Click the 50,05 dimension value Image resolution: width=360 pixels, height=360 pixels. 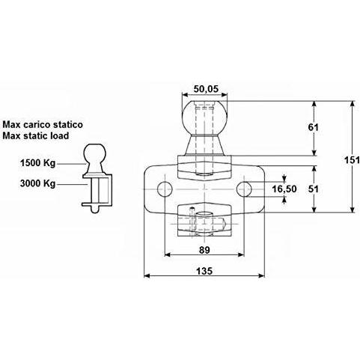pos(206,89)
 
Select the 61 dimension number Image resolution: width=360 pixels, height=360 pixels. pos(313,127)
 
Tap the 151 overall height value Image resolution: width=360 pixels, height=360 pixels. pos(352,160)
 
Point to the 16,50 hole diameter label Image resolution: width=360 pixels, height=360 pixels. pos(284,189)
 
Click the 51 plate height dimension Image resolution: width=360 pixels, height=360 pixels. pos(314,189)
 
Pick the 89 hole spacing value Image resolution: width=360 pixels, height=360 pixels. pos(204,250)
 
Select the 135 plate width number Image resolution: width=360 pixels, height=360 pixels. pos(204,271)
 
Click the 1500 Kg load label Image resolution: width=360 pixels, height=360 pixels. pos(37,163)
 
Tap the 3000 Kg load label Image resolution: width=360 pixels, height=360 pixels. pos(37,183)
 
